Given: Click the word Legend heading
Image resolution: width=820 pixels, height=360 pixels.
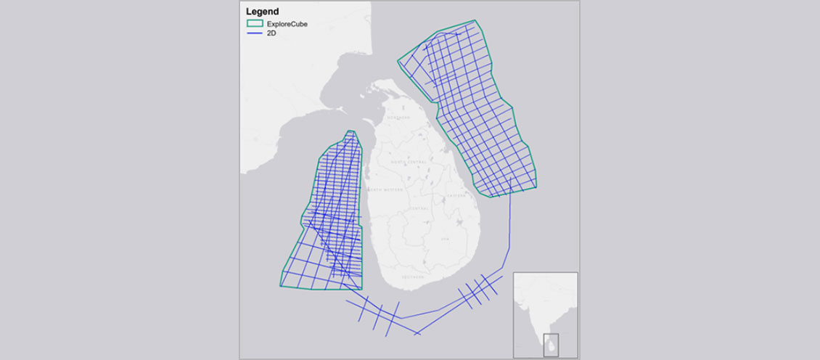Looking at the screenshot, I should [263, 12].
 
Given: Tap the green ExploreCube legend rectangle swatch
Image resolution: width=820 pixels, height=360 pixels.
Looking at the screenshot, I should [255, 25].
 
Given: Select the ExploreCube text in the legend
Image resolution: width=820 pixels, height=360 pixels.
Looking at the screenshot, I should [286, 25].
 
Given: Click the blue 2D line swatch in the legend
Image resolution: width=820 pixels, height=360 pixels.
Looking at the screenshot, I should [255, 34].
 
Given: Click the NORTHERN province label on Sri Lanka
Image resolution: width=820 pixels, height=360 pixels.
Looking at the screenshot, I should [398, 118].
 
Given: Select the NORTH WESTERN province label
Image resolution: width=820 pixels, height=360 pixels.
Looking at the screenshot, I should [384, 189].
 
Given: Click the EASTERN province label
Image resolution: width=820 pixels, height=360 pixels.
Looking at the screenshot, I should [455, 195].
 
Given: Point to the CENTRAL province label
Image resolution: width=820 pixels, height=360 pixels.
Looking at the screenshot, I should [420, 208].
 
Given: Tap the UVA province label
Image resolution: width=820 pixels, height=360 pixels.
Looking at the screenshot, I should [445, 239].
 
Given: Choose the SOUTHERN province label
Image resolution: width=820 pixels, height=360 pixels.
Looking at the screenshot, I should [414, 277].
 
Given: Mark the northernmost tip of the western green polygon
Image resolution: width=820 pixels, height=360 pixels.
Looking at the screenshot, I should [351, 131].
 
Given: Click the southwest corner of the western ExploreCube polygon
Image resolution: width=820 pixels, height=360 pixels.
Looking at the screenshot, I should [280, 287].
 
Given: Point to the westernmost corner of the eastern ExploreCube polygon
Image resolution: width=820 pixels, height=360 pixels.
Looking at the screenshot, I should [398, 60].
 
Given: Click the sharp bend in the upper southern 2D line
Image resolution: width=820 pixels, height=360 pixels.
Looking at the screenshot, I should [402, 317].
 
